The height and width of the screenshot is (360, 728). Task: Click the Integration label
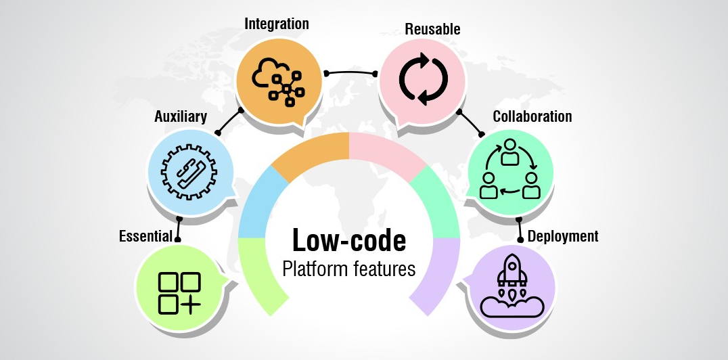pyautogui.click(x=276, y=24)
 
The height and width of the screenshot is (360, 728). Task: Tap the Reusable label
pyautogui.click(x=432, y=29)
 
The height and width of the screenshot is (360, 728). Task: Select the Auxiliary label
pyautogui.click(x=180, y=117)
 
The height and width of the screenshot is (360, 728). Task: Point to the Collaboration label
pyautogui.click(x=532, y=116)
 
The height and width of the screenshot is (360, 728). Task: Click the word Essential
pyautogui.click(x=145, y=236)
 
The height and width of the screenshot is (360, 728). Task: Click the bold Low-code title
pyautogui.click(x=348, y=240)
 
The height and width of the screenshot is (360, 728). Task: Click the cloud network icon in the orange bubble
pyautogui.click(x=277, y=78)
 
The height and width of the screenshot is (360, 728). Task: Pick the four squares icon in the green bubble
pyautogui.click(x=179, y=292)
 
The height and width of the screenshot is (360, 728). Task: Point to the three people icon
pyautogui.click(x=510, y=172)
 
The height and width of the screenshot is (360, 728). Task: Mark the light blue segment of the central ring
pyautogui.click(x=257, y=203)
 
